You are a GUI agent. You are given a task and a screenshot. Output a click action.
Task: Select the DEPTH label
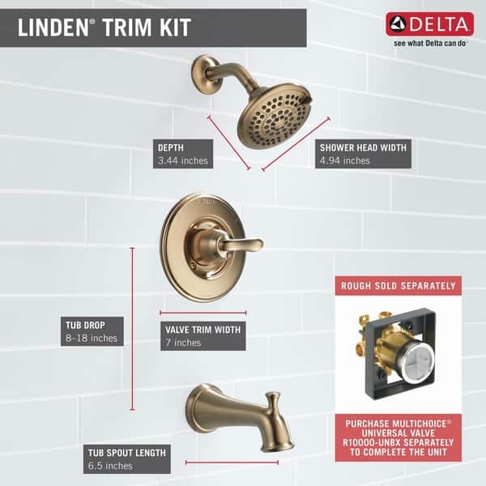point(172,147)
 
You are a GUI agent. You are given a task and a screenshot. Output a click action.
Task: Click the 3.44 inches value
point(184,160)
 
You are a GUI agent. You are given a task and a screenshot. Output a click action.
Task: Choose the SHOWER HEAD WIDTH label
point(362,147)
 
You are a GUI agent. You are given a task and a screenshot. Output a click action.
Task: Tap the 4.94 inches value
point(345,160)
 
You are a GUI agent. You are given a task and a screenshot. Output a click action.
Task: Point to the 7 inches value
point(183,343)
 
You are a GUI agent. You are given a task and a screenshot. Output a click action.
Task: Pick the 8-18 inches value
point(92,338)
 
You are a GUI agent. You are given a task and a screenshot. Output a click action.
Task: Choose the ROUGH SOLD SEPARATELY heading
point(398,285)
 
